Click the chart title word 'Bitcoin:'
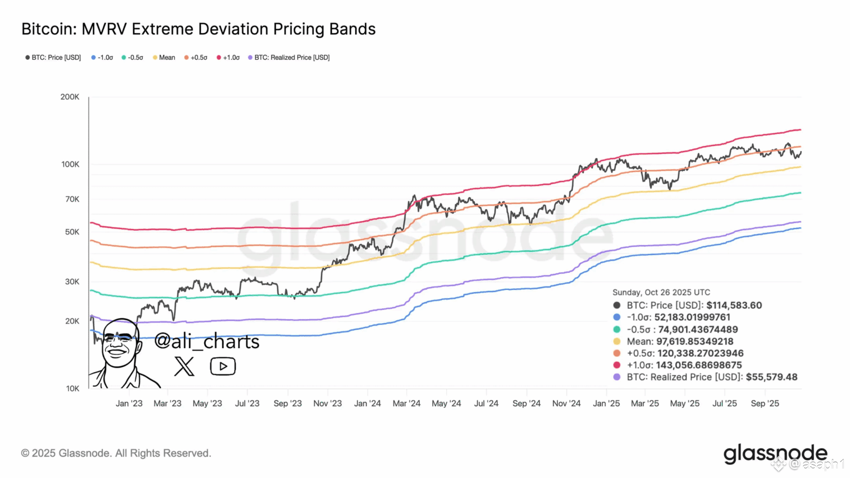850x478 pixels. click(49, 29)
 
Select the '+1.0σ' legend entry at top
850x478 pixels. click(229, 58)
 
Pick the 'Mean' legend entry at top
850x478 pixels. click(164, 58)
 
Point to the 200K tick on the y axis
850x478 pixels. click(70, 97)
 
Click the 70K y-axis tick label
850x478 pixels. click(72, 199)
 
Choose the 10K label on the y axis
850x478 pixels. click(72, 388)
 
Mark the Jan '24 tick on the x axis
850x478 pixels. click(367, 403)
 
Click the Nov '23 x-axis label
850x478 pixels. click(328, 403)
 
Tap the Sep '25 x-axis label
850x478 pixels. click(765, 403)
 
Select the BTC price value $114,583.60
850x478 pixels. click(734, 305)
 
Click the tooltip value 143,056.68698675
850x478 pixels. click(699, 365)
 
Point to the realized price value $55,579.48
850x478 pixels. click(771, 377)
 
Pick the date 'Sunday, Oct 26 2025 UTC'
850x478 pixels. click(661, 292)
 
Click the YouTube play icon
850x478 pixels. click(223, 366)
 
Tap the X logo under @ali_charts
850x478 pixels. click(184, 366)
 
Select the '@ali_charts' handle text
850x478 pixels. click(206, 341)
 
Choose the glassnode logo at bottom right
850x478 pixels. click(775, 454)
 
